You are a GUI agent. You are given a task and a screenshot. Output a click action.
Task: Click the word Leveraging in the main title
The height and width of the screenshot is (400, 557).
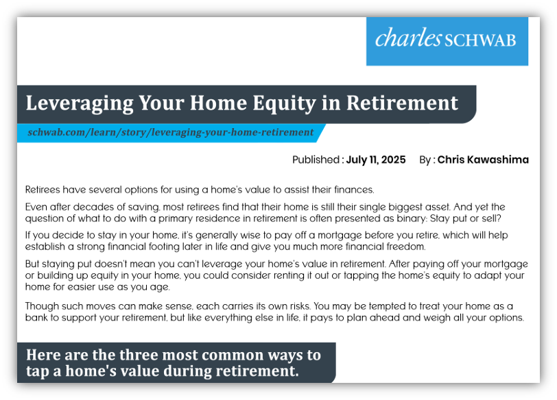tap(80, 103)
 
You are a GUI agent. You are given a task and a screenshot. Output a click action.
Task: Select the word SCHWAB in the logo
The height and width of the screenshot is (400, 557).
tap(480, 40)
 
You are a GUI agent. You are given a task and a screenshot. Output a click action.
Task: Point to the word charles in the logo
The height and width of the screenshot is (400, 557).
tap(409, 38)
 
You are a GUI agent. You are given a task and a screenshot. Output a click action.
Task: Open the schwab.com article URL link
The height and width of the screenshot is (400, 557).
tap(171, 132)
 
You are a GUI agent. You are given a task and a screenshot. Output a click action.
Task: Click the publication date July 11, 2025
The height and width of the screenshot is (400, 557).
tap(376, 160)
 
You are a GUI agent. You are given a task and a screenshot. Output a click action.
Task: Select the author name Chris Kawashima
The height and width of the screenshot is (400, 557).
tap(483, 160)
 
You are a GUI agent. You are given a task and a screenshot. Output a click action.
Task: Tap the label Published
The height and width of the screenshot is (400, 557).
tap(316, 160)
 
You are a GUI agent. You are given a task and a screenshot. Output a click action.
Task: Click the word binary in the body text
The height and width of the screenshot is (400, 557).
tap(412, 218)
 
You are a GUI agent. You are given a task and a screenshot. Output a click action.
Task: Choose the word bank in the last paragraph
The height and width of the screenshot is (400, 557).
tap(36, 317)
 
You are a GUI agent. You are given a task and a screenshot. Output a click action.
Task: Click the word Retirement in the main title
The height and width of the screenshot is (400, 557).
tap(402, 103)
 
